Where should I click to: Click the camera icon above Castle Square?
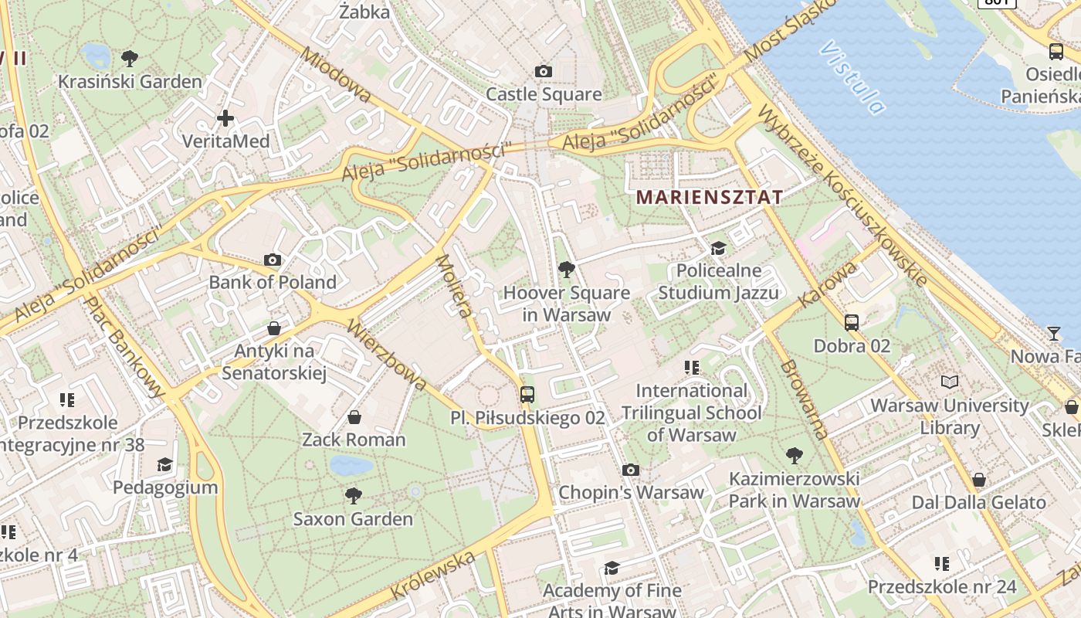(544, 72)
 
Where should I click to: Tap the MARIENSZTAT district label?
(709, 197)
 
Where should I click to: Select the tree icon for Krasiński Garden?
(130, 58)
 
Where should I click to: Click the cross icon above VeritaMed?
(225, 118)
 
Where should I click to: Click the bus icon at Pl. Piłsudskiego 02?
(527, 395)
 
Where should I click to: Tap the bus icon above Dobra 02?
(852, 322)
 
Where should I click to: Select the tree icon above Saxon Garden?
(354, 495)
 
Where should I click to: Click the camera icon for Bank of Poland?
(273, 260)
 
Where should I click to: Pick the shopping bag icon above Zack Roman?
(354, 418)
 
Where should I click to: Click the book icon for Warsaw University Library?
(949, 382)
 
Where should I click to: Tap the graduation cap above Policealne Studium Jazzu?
(719, 248)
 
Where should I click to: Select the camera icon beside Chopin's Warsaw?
(631, 470)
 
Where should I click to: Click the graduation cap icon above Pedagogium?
(164, 464)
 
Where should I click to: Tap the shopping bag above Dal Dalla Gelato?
(979, 480)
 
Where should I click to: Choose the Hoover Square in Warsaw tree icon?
(566, 270)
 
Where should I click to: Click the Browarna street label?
(804, 399)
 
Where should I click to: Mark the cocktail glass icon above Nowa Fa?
(1054, 334)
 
